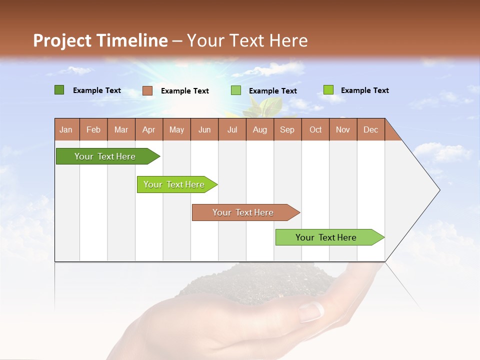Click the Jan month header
pyautogui.click(x=66, y=129)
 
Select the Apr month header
pyautogui.click(x=148, y=129)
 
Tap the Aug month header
pyautogui.click(x=259, y=129)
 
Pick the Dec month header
pyautogui.click(x=370, y=129)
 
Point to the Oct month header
pyautogui.click(x=315, y=129)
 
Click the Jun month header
pyautogui.click(x=204, y=129)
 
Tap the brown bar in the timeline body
pyautogui.click(x=244, y=212)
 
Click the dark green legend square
pyautogui.click(x=59, y=90)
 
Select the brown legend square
pyautogui.click(x=147, y=90)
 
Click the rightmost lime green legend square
pyautogui.click(x=328, y=90)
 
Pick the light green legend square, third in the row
pyautogui.click(x=236, y=90)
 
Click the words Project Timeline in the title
pyautogui.click(x=100, y=40)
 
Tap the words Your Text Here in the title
pyautogui.click(x=247, y=40)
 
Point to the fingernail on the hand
pyautogui.click(x=311, y=312)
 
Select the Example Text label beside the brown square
pyautogui.click(x=184, y=91)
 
